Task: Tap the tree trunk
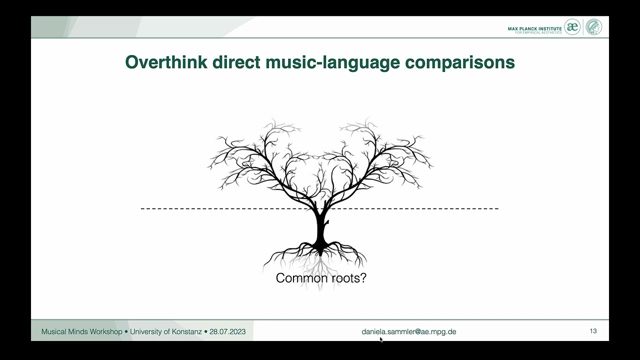(x=320, y=227)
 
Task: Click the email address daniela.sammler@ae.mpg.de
(x=408, y=331)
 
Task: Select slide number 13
(x=593, y=331)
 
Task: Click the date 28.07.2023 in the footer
(x=227, y=331)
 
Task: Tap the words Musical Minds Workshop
(x=81, y=331)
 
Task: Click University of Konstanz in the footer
(x=166, y=331)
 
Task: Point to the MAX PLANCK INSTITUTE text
(x=534, y=28)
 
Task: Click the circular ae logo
(x=572, y=27)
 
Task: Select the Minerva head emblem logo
(x=594, y=27)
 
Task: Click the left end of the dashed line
(x=143, y=208)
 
